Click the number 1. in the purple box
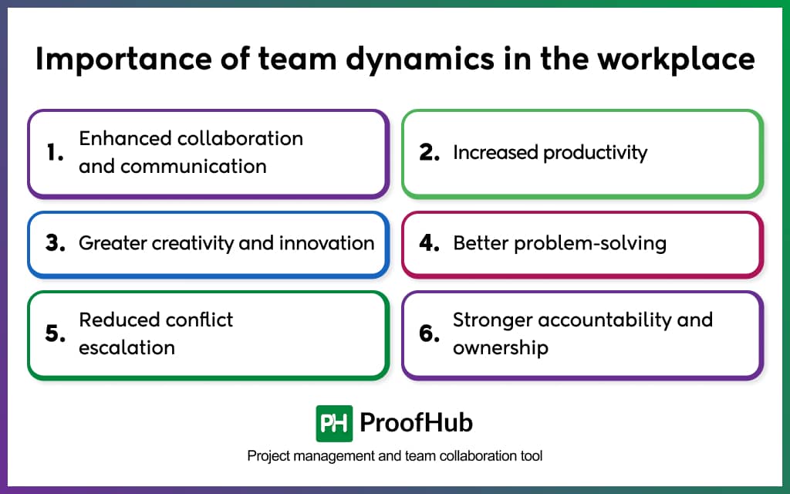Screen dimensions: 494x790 [55, 153]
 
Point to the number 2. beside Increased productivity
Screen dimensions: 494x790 [429, 153]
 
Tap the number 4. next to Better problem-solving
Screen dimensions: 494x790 [429, 244]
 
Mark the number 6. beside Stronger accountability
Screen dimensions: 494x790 [429, 334]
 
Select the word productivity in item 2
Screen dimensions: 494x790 [595, 153]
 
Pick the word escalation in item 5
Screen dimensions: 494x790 [127, 347]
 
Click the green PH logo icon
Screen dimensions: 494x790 [334, 423]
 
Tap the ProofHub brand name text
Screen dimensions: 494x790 [416, 423]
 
